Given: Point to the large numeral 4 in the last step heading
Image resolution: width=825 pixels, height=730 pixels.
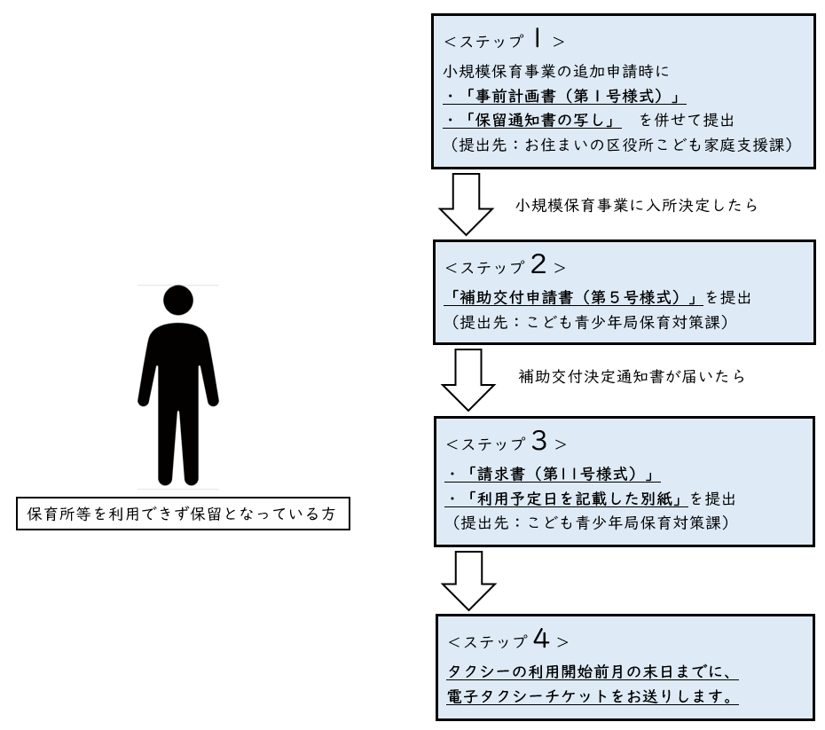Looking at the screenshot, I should coord(538,639).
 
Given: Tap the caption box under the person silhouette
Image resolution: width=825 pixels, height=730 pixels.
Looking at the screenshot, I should coord(183,514).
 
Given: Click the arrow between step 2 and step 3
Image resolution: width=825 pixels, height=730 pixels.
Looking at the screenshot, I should coord(466,378).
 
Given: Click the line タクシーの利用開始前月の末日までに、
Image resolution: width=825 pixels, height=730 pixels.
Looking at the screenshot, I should coord(588,671).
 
